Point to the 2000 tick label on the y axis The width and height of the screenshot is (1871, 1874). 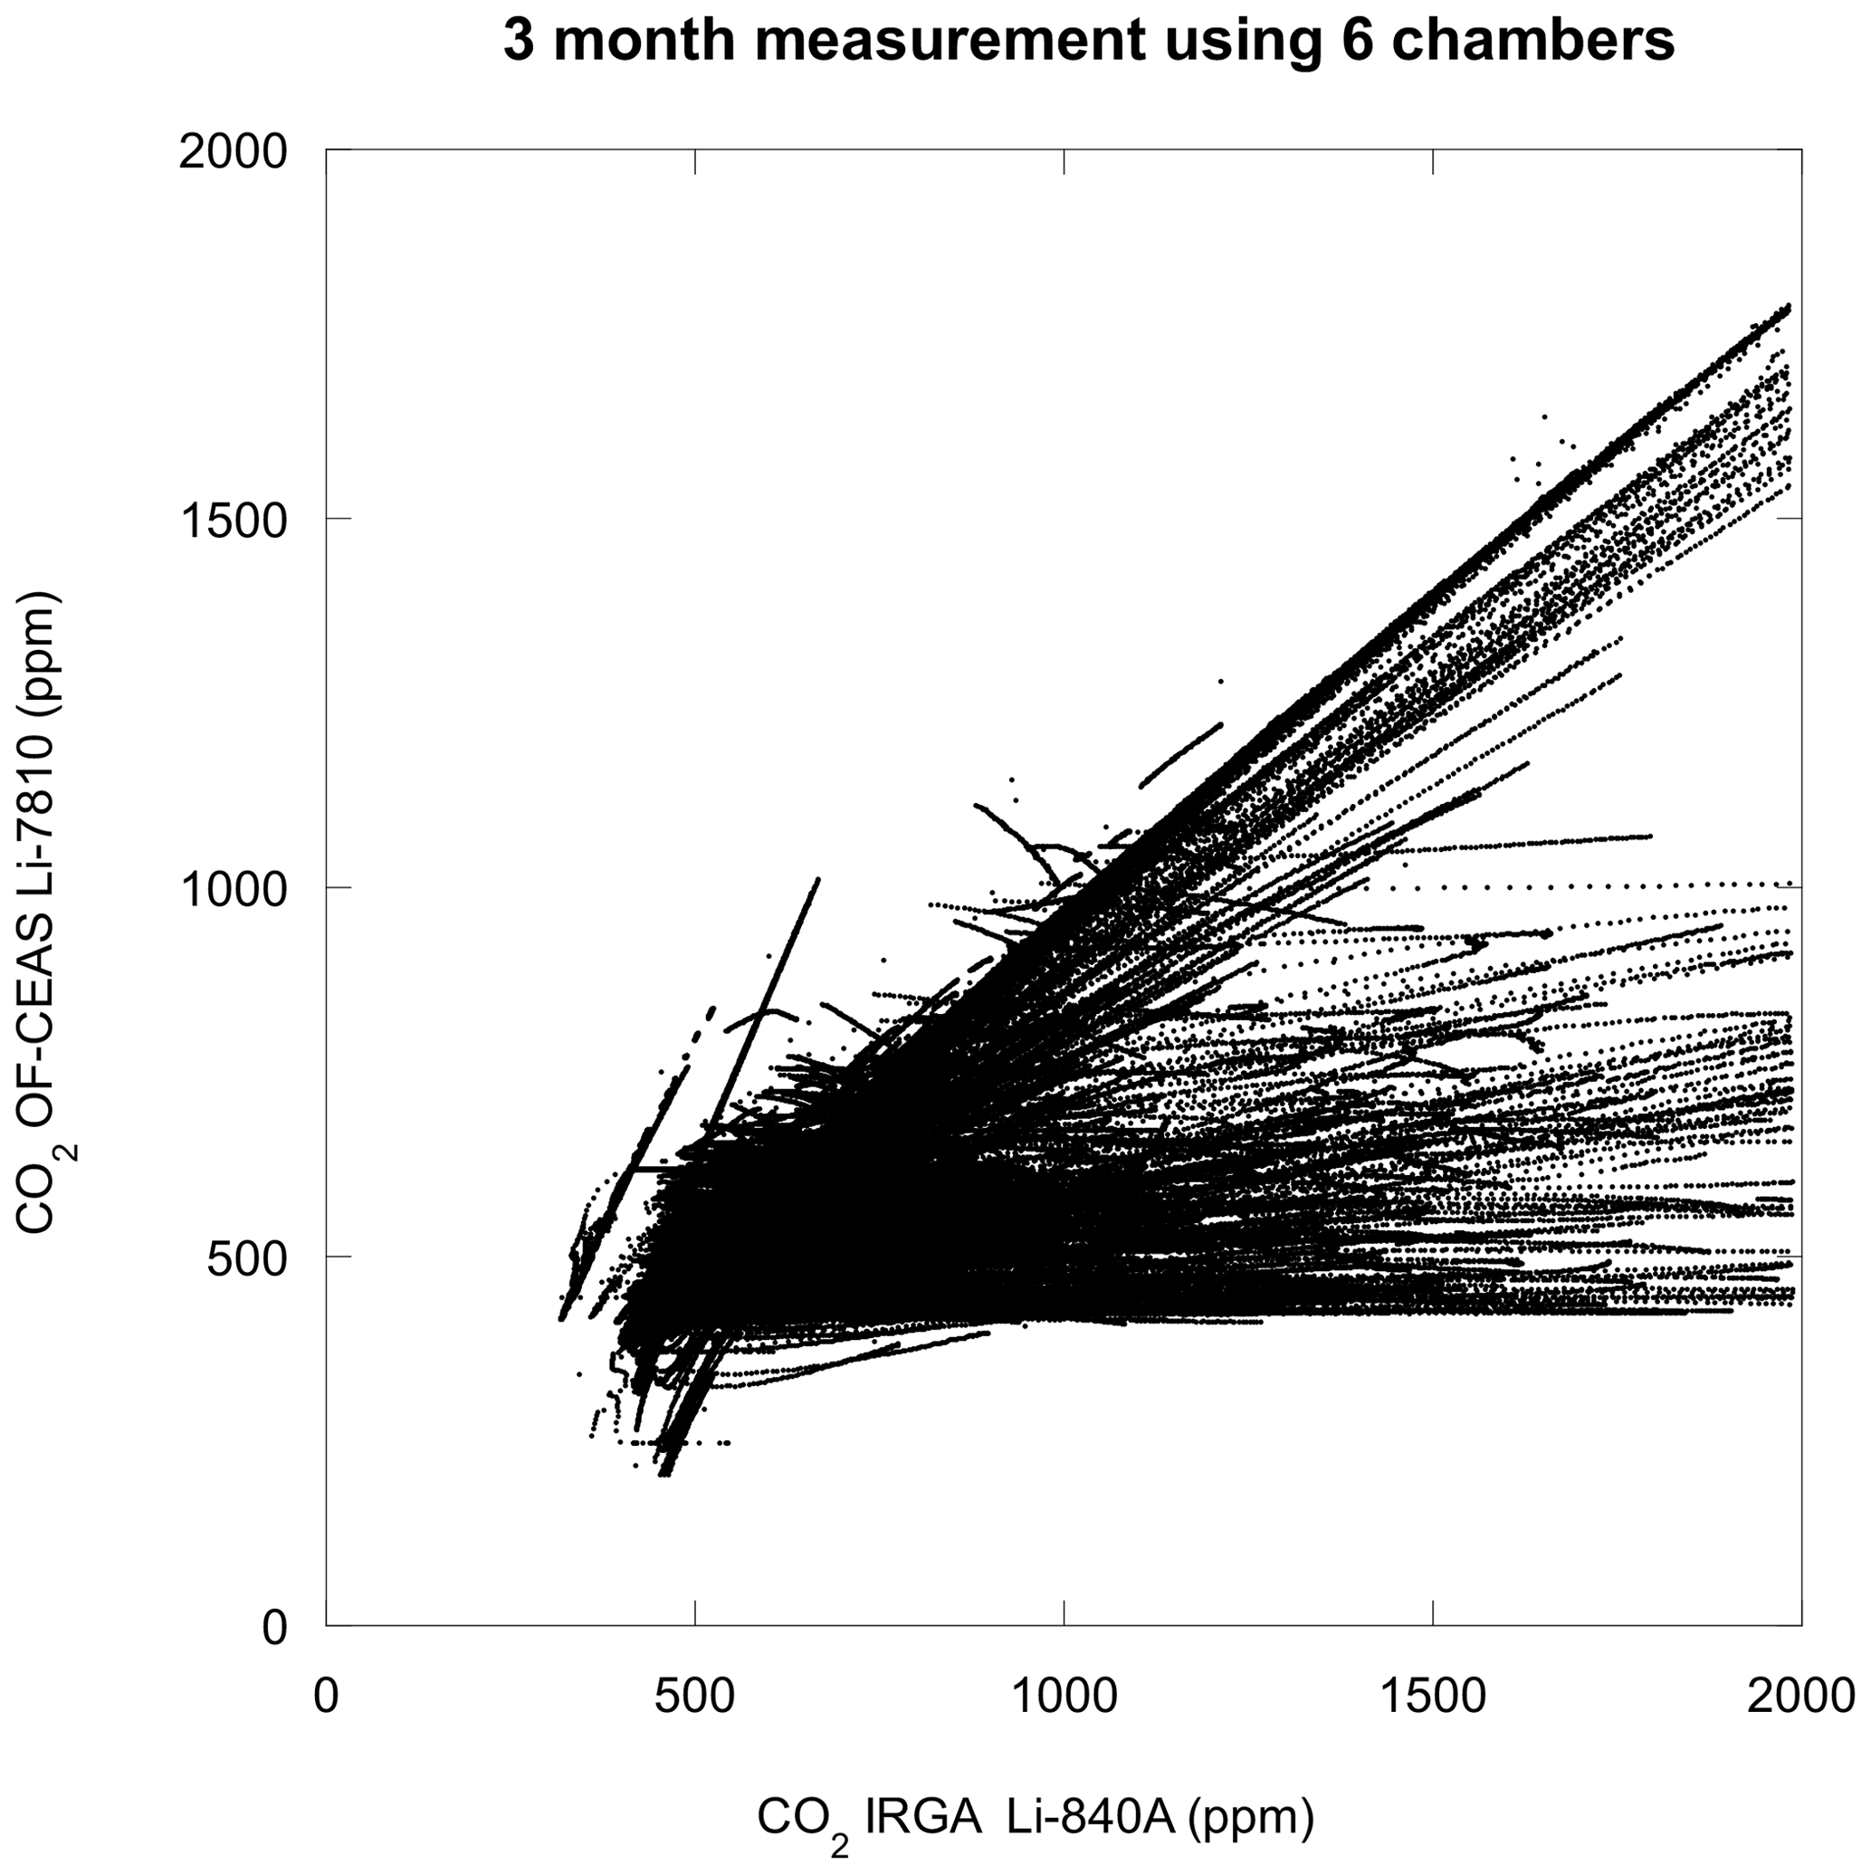pyautogui.click(x=233, y=151)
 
